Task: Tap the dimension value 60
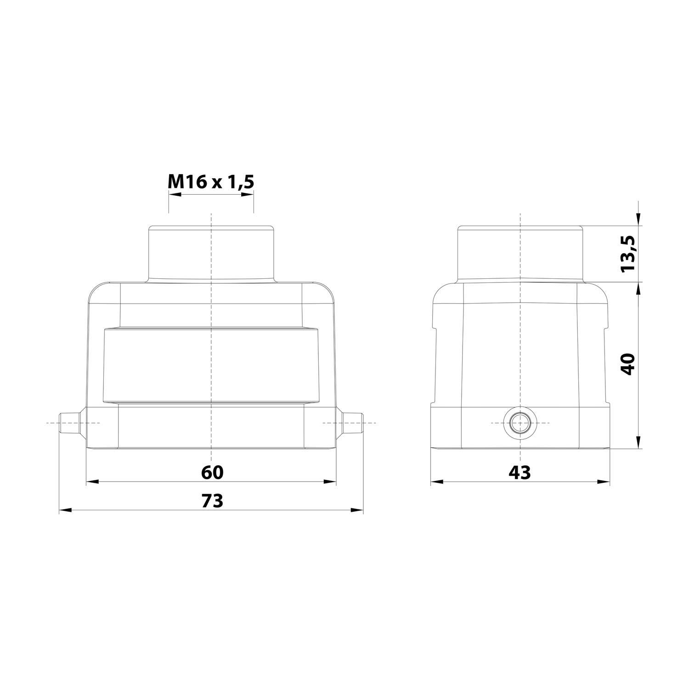212,472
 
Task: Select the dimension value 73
212,501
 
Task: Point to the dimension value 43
520,472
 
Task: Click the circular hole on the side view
520,423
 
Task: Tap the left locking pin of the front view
70,423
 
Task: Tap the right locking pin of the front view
353,423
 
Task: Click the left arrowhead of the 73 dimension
65,510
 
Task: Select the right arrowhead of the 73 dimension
357,510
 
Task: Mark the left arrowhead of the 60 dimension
92,482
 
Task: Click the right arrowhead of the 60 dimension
330,482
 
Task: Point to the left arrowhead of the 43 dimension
436,482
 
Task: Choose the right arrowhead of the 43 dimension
604,482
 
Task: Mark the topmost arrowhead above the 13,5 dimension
638,220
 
